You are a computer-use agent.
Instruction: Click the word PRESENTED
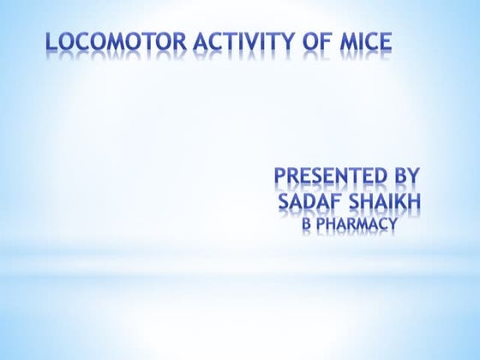pos(330,177)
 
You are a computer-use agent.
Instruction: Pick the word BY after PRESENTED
pos(405,177)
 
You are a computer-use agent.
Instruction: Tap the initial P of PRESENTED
pos(280,177)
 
